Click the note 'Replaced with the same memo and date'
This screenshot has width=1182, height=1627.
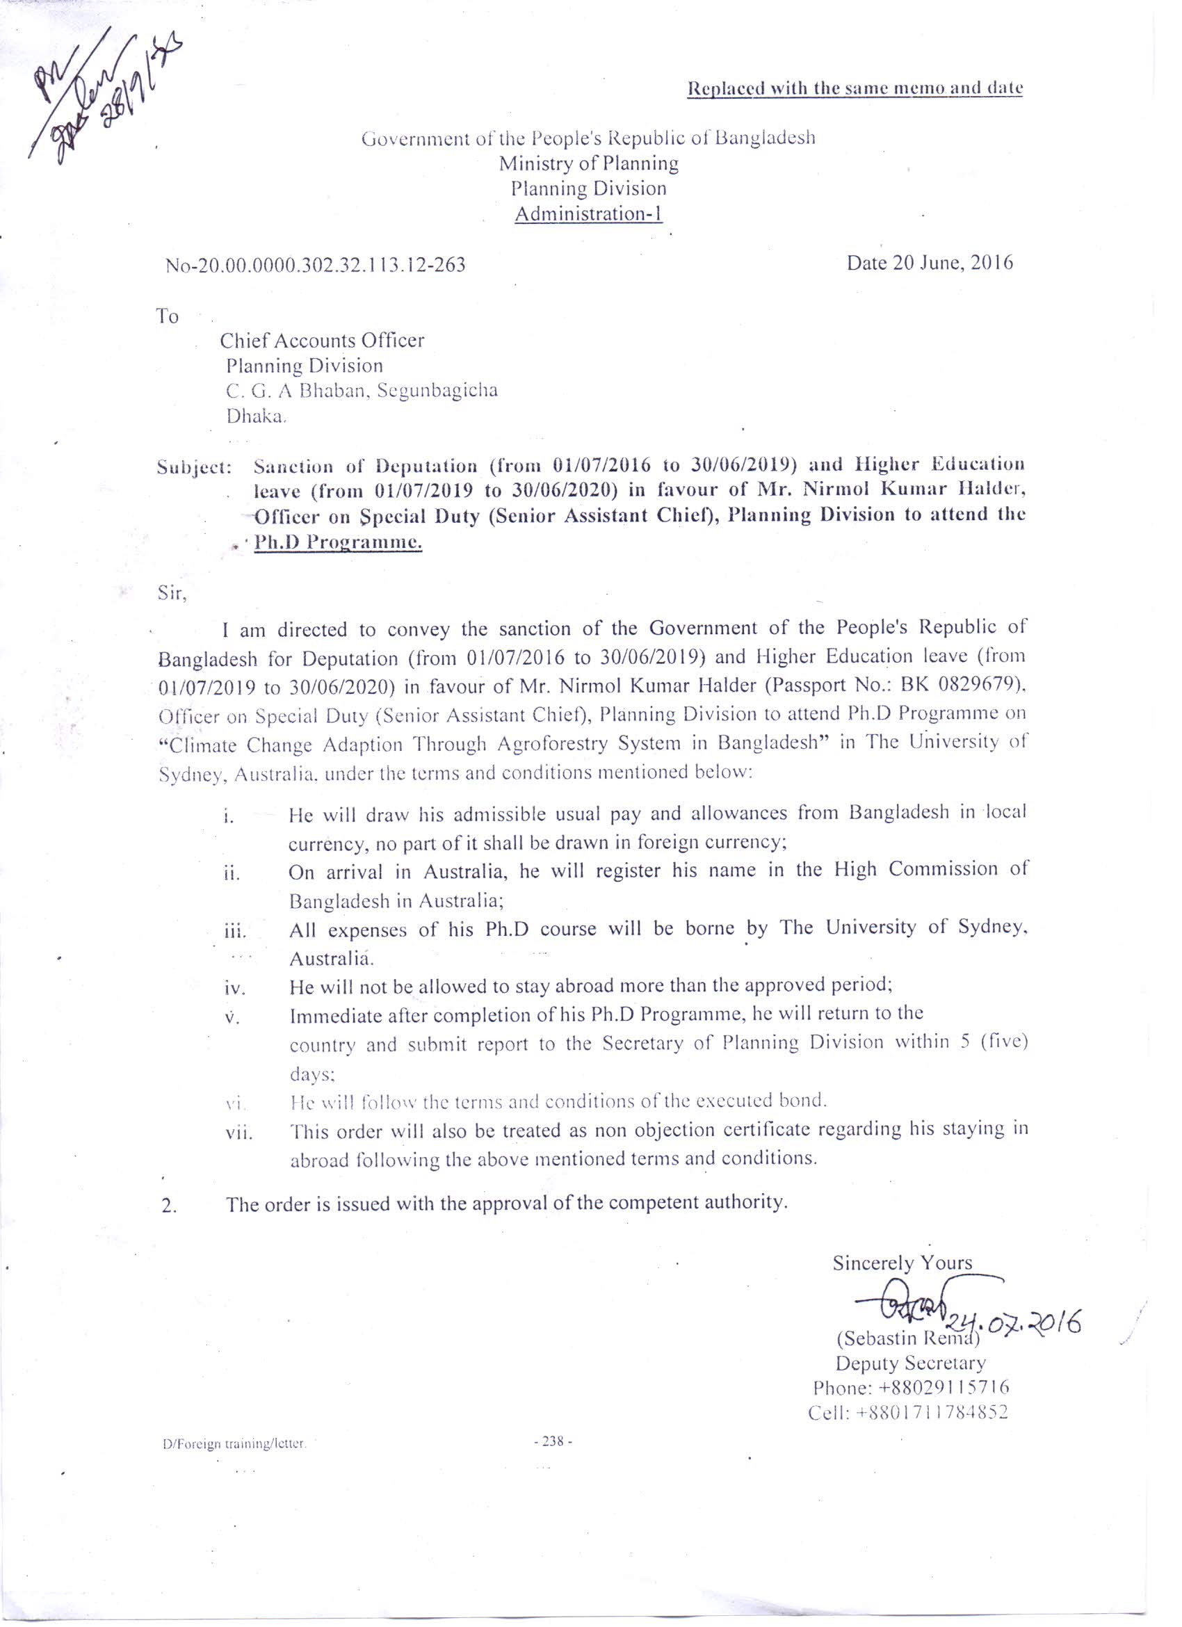coord(855,89)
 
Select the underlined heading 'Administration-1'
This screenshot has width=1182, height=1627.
coord(588,214)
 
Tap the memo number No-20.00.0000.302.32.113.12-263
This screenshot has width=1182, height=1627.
coord(316,266)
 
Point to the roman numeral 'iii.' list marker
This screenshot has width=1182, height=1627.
coord(235,933)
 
